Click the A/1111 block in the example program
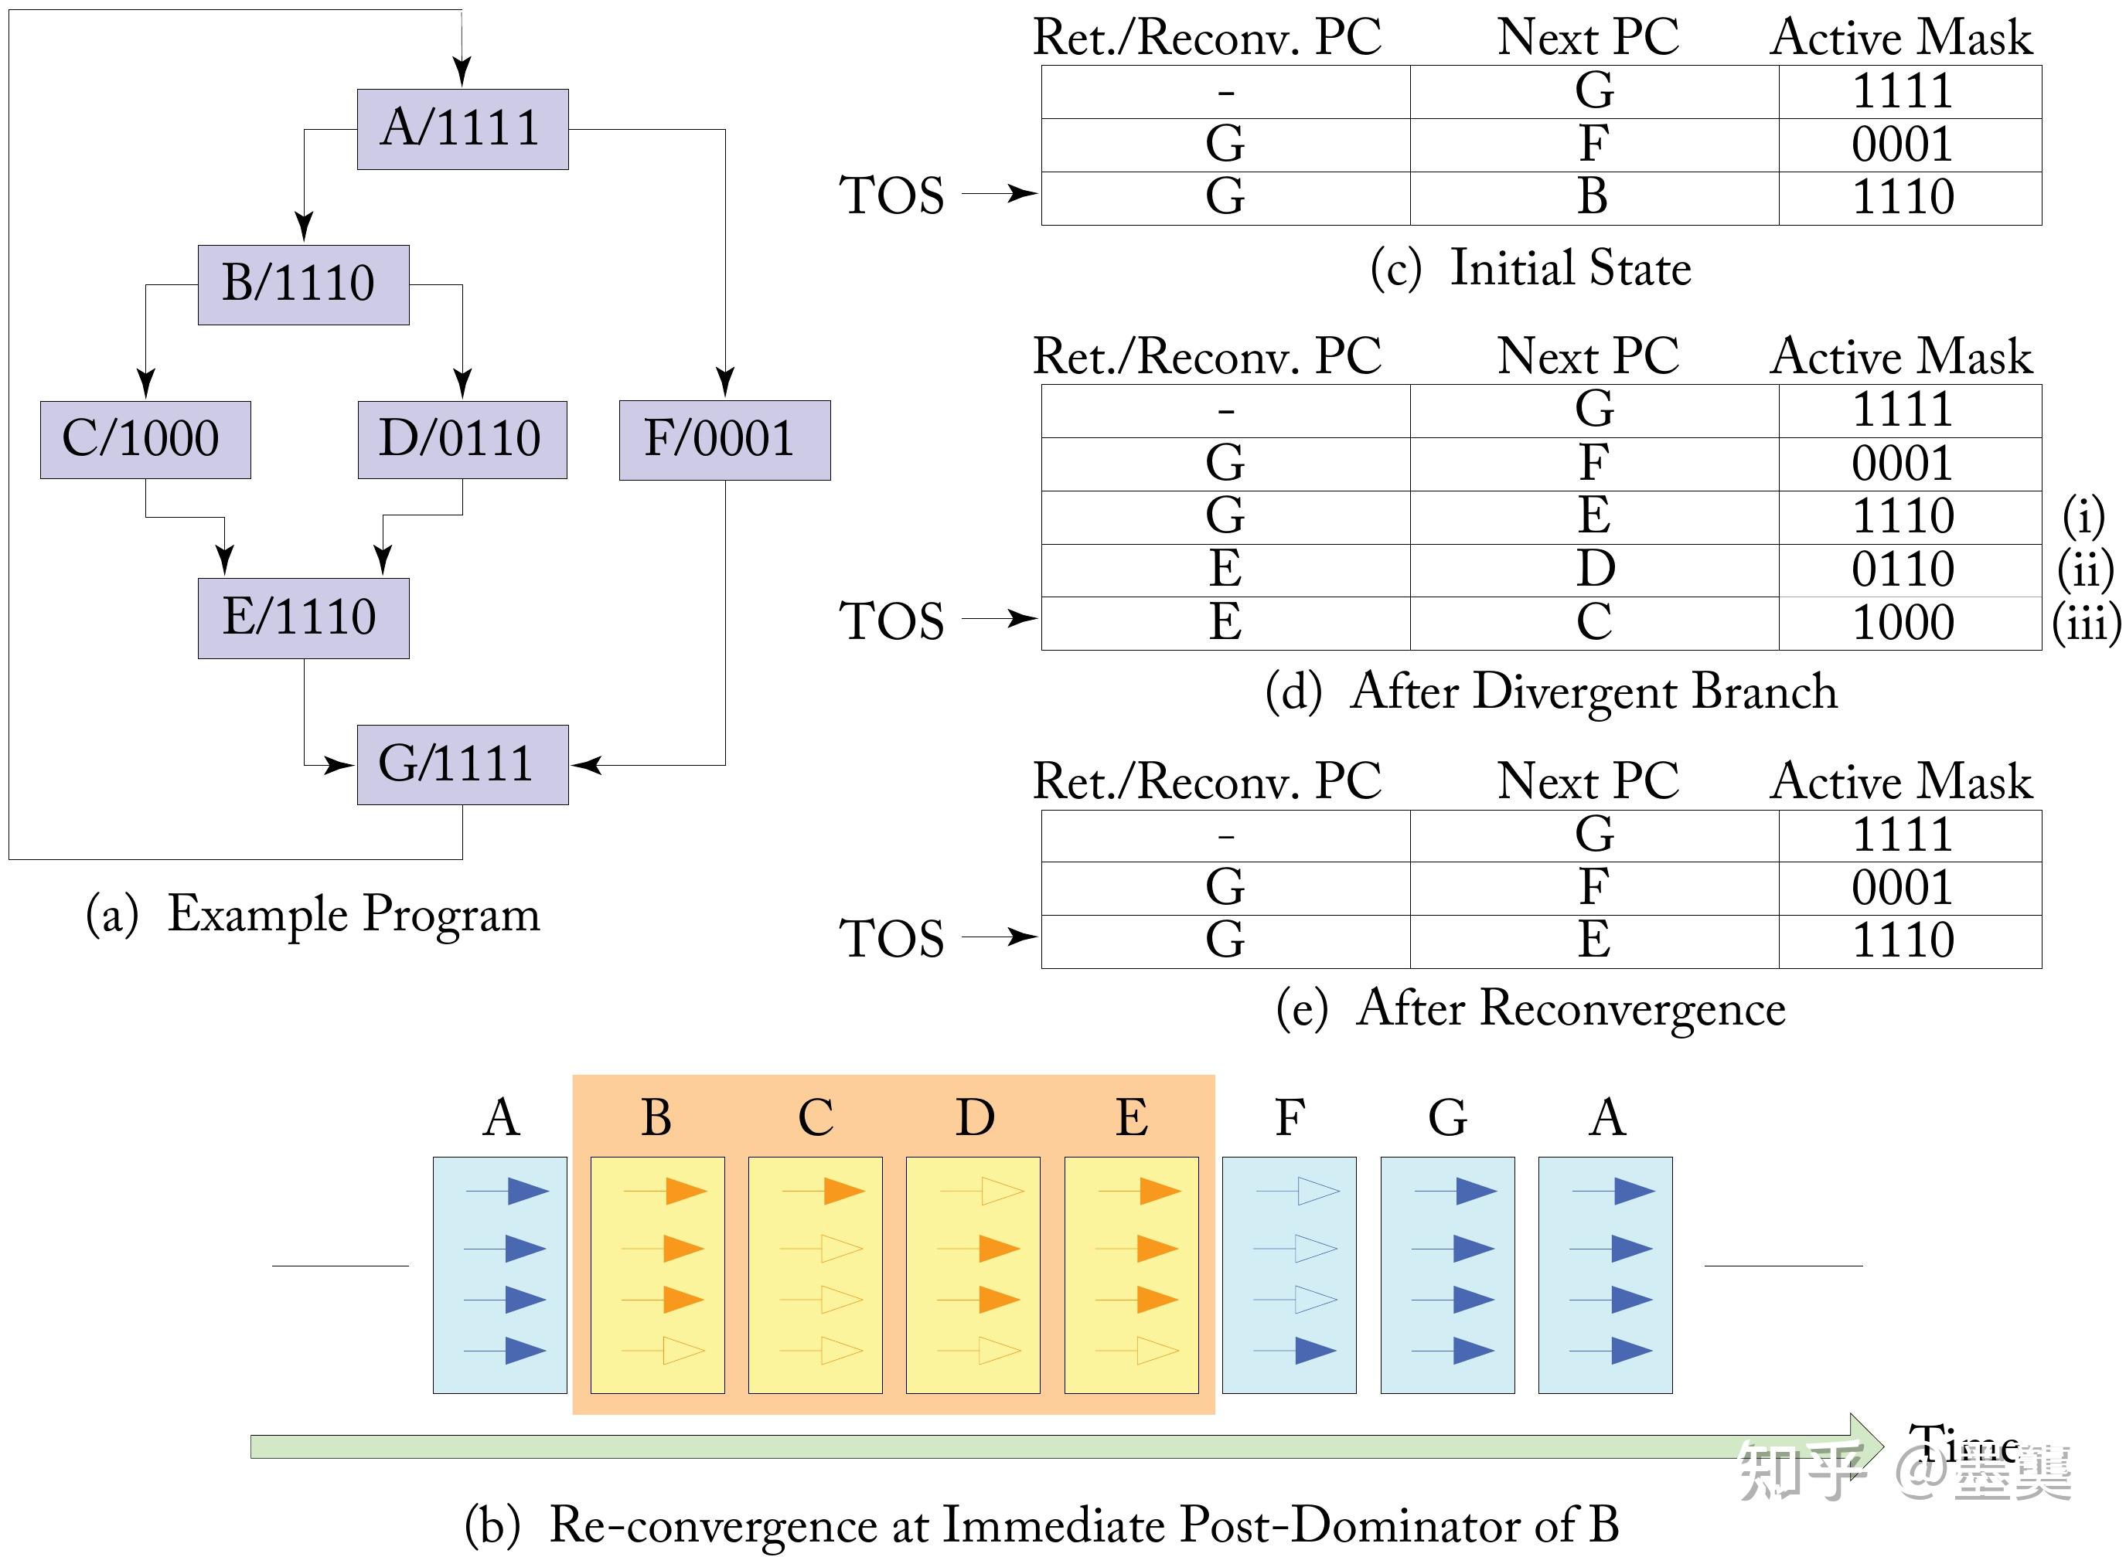pos(462,129)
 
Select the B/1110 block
pos(302,284)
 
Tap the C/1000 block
pos(145,439)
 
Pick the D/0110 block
pos(462,439)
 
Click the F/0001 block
pos(724,439)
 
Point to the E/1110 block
pos(302,617)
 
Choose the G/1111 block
pos(462,764)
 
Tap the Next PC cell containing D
pos(1593,570)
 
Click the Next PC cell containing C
pos(1593,623)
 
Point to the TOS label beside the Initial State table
pos(891,196)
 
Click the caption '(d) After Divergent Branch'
pos(1551,692)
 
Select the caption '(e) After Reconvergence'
pos(1530,1008)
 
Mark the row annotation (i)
pos(2083,516)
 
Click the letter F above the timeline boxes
pos(1289,1119)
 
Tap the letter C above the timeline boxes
pos(816,1119)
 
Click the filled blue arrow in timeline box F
pos(1315,1351)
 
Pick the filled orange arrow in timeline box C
pos(843,1191)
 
